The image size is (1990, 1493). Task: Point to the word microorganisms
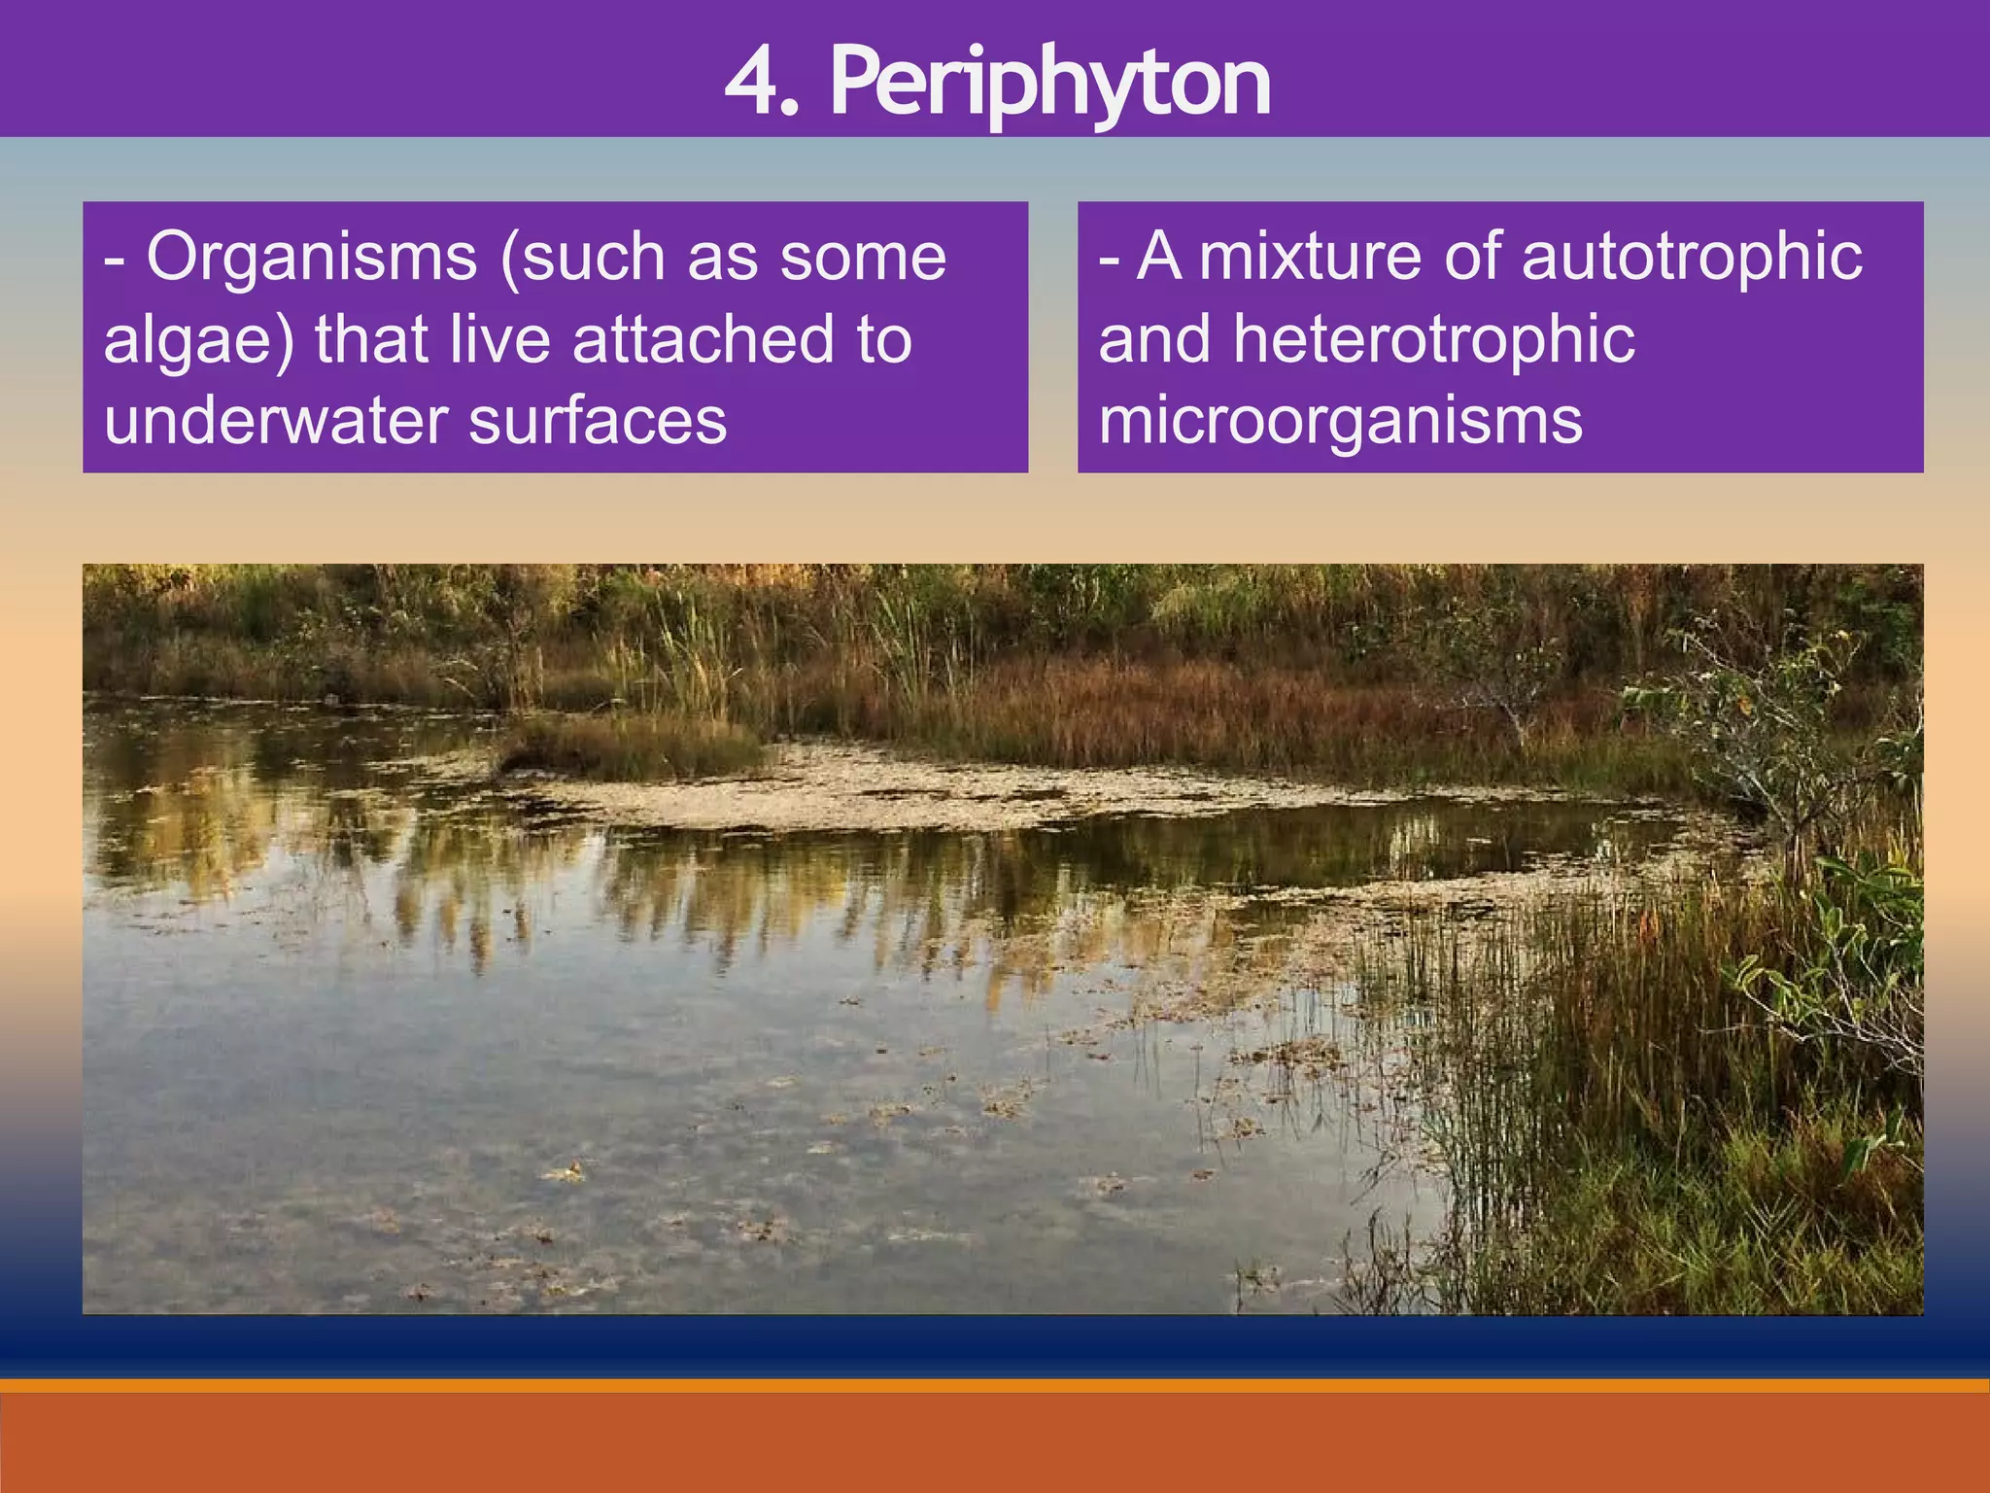pyautogui.click(x=1340, y=422)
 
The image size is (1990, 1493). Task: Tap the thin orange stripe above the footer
pyautogui.click(x=995, y=1385)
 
